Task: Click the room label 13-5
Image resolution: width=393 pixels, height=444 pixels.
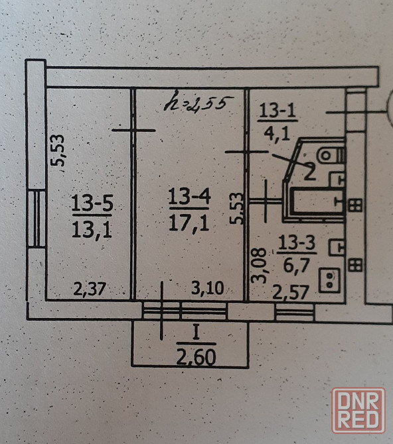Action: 92,203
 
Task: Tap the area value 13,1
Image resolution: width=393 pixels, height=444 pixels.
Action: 92,229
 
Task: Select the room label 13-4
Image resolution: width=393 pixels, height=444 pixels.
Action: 189,196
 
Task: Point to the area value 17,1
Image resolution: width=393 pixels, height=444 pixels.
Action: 189,223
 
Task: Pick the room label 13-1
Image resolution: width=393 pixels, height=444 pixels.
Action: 277,111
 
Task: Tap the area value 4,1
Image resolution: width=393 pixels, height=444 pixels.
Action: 277,133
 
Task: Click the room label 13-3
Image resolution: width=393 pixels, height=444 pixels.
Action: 297,243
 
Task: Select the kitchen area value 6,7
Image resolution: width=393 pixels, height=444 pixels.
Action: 296,266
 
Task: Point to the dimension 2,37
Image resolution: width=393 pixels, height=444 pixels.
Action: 90,289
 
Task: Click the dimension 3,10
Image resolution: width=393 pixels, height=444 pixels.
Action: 207,288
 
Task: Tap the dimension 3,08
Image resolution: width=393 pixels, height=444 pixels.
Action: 260,265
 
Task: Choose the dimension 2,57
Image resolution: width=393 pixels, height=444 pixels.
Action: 291,292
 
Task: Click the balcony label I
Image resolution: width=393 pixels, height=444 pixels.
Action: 196,333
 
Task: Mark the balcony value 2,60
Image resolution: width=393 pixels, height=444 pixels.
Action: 196,357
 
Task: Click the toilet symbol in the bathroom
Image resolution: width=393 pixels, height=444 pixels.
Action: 331,155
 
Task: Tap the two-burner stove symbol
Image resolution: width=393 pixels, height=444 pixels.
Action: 329,280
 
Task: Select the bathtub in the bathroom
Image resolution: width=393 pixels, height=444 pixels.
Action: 317,201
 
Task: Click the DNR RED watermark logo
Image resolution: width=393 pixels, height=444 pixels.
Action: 358,410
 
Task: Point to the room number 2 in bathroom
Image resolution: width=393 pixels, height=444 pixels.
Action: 309,172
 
